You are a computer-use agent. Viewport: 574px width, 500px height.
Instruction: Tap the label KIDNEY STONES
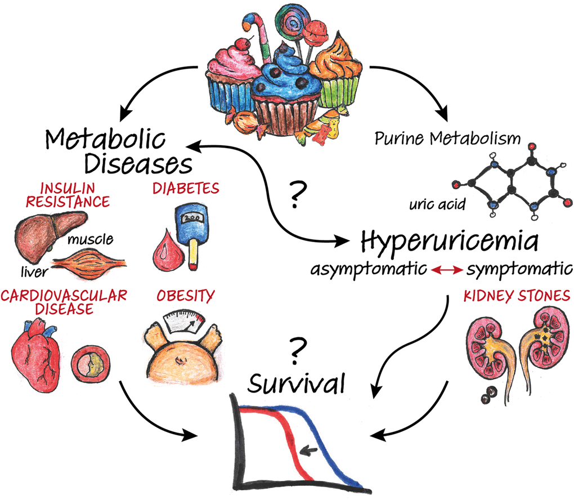tap(517, 295)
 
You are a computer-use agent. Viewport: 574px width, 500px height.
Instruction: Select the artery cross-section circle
tap(91, 364)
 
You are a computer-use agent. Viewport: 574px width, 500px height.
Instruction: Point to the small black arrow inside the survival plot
tap(308, 449)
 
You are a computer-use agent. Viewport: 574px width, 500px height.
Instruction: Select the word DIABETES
tap(186, 187)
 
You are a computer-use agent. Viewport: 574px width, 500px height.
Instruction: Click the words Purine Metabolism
tap(447, 139)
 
